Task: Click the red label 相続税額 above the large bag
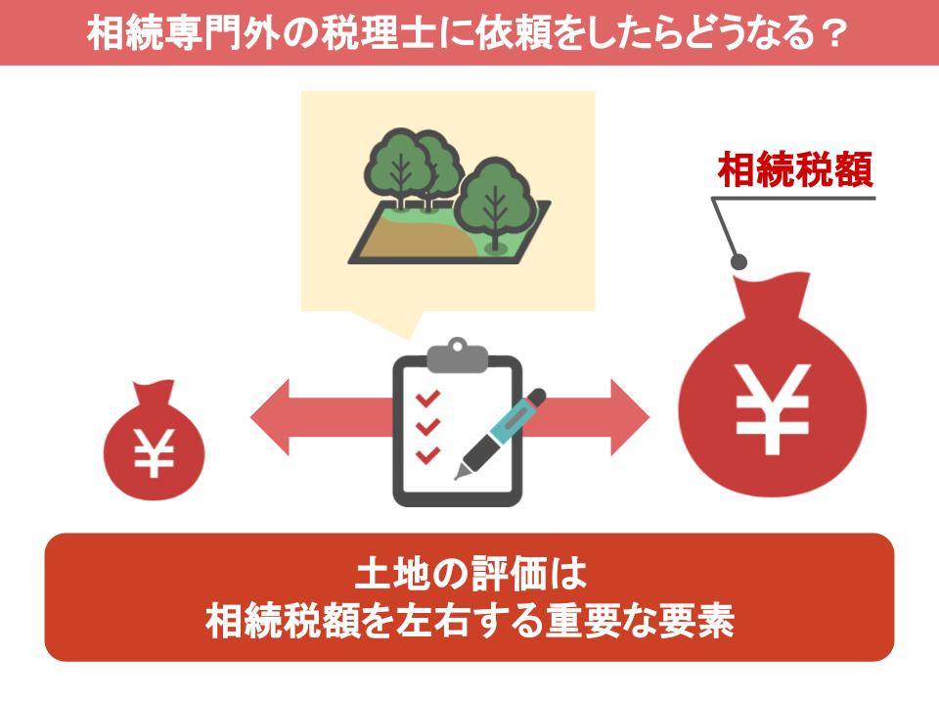point(795,169)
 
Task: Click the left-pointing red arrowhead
point(270,417)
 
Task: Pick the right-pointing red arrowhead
point(629,417)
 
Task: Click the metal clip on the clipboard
point(458,356)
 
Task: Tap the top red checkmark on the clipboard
point(427,399)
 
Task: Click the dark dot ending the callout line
point(739,262)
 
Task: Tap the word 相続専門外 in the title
point(183,33)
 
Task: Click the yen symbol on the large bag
point(773,408)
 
